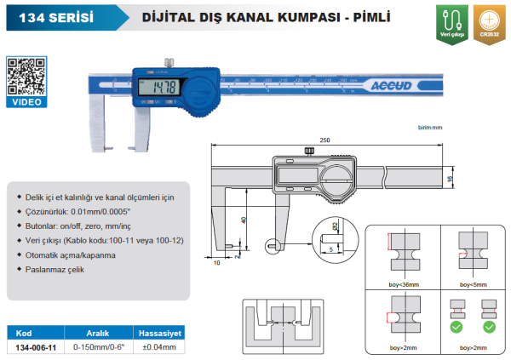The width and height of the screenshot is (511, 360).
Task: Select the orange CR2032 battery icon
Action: (x=488, y=22)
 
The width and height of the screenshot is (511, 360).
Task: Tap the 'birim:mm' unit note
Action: (x=432, y=127)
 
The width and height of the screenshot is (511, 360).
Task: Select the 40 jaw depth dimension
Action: (x=244, y=219)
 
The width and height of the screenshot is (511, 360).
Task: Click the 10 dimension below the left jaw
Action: (x=217, y=263)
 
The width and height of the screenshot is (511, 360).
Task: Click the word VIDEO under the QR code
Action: (x=26, y=102)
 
